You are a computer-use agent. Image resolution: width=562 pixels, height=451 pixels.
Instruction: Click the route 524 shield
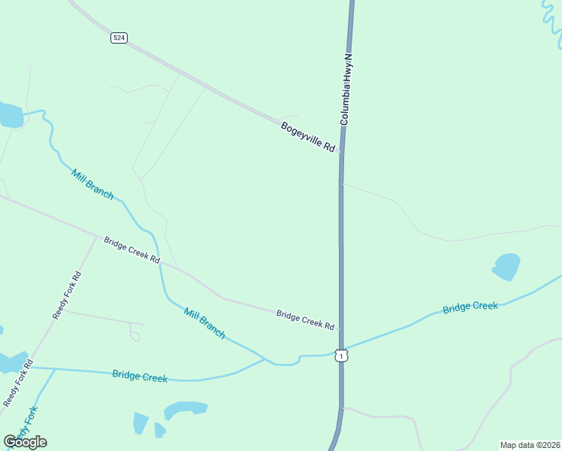tap(119, 38)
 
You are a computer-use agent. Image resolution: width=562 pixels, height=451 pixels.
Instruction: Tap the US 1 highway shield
tap(342, 356)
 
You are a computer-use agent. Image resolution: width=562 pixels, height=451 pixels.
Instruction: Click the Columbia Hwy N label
tap(346, 89)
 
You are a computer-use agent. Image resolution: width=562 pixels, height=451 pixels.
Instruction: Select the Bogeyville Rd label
tap(307, 138)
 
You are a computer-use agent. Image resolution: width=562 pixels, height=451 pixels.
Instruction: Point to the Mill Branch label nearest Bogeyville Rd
tap(92, 185)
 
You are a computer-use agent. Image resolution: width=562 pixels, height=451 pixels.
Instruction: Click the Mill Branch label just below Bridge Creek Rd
tap(204, 322)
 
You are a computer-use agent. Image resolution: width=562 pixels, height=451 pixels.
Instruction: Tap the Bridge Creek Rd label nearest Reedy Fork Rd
tap(131, 250)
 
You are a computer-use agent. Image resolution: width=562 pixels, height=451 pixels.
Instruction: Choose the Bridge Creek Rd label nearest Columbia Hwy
tap(304, 319)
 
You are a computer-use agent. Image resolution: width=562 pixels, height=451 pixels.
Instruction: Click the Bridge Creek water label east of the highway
tap(470, 307)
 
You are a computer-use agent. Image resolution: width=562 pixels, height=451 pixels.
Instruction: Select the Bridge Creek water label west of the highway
tap(140, 376)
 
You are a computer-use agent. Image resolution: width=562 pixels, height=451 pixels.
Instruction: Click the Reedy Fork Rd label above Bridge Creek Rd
tap(66, 295)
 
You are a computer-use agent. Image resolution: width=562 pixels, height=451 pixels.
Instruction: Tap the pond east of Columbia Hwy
tap(506, 266)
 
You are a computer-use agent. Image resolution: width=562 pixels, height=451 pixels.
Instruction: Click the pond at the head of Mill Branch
tap(9, 115)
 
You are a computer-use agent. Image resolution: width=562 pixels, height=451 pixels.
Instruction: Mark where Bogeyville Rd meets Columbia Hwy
tap(341, 150)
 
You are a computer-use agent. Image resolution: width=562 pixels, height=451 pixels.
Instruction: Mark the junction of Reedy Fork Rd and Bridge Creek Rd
tap(97, 238)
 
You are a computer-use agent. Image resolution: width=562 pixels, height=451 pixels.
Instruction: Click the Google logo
tap(25, 442)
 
